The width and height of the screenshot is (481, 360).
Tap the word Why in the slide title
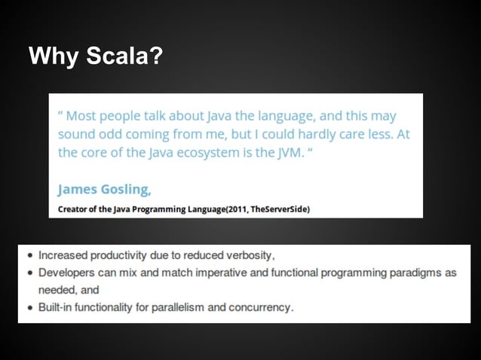[51, 56]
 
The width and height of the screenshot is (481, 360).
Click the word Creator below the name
[73, 209]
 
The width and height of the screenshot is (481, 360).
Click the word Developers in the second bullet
[66, 273]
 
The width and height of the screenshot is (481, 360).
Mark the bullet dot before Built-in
[29, 308]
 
